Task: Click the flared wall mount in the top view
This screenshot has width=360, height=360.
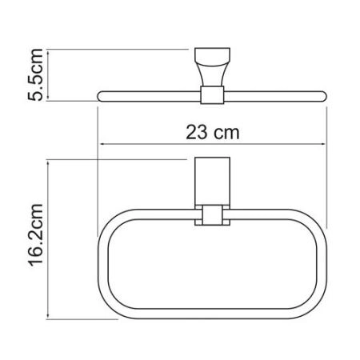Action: coord(211,70)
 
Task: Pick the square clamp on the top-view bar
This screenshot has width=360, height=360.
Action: coord(210,97)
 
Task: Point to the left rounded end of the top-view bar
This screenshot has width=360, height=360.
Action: coord(102,97)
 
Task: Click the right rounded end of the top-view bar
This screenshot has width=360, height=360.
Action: coord(324,97)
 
